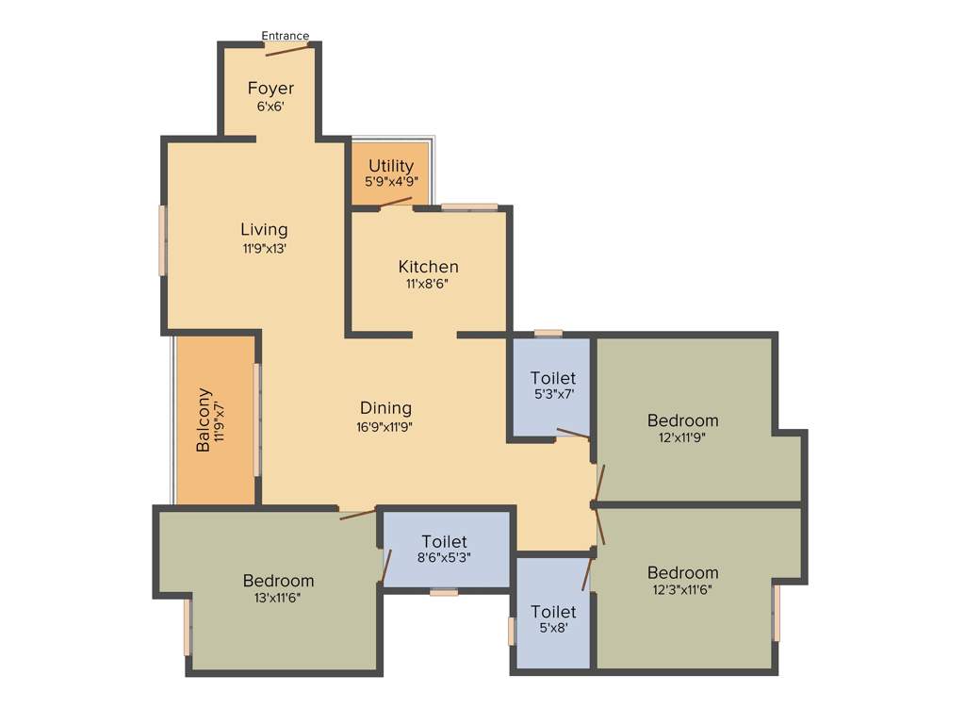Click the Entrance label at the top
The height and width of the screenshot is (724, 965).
(285, 36)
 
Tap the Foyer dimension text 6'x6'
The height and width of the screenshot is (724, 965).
(270, 107)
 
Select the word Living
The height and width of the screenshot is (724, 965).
(264, 229)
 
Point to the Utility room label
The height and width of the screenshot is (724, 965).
(391, 166)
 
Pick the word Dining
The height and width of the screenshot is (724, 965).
(385, 408)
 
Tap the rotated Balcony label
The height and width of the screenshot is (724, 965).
(203, 420)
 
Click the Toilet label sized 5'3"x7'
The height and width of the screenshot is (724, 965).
(553, 378)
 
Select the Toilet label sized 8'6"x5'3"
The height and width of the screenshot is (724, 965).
(444, 541)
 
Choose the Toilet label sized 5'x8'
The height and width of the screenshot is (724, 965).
(553, 612)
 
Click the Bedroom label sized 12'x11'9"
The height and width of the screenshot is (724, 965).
(682, 420)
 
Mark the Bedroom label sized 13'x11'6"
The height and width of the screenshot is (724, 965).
(278, 580)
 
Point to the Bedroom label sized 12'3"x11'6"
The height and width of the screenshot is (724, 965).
(682, 572)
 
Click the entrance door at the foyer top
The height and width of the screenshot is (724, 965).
(287, 48)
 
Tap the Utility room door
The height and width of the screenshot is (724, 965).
(396, 202)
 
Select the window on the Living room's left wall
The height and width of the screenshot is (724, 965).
(162, 240)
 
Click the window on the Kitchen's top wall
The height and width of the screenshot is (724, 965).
(469, 206)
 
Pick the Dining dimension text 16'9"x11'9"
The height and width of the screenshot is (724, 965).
(385, 426)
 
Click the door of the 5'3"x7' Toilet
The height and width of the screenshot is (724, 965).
(573, 434)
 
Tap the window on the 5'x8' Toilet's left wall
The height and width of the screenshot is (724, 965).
(512, 631)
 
